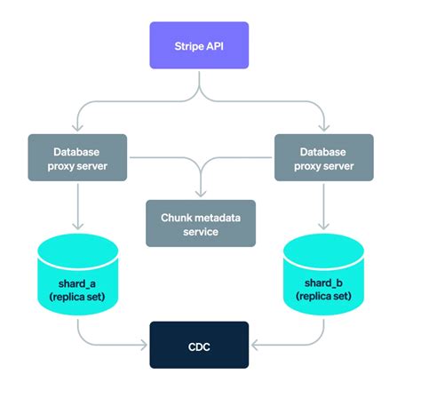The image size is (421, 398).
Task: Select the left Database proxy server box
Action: pos(76,157)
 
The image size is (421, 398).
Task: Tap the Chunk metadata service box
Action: pos(201,224)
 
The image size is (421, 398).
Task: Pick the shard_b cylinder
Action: pos(324,275)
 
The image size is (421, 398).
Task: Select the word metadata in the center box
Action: pos(214,216)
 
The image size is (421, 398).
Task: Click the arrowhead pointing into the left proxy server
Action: pos(76,130)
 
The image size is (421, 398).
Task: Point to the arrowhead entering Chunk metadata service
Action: pos(201,195)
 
